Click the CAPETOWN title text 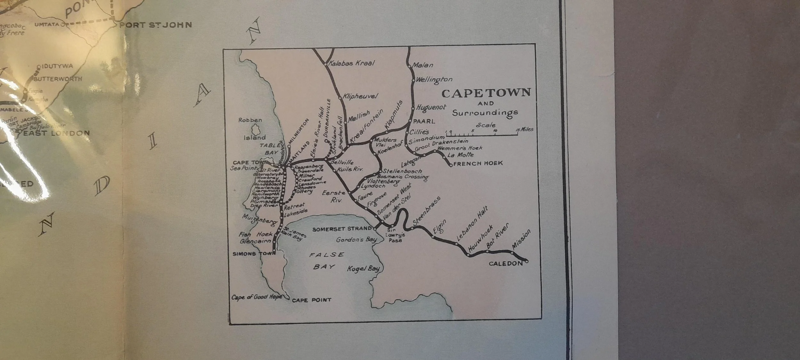pyautogui.click(x=486, y=93)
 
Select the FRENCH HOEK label pyautogui.click(x=478, y=164)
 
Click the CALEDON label pyautogui.click(x=506, y=264)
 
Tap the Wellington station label pyautogui.click(x=434, y=80)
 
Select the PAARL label pyautogui.click(x=424, y=122)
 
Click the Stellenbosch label pyautogui.click(x=402, y=171)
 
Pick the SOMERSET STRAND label pyautogui.click(x=342, y=229)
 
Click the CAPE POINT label pyautogui.click(x=311, y=300)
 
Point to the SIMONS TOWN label pyautogui.click(x=253, y=254)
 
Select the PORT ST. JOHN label pyautogui.click(x=156, y=25)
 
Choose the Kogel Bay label pyautogui.click(x=363, y=269)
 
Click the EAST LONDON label pyautogui.click(x=56, y=133)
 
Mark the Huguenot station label pyautogui.click(x=431, y=108)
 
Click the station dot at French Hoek pyautogui.click(x=451, y=165)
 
